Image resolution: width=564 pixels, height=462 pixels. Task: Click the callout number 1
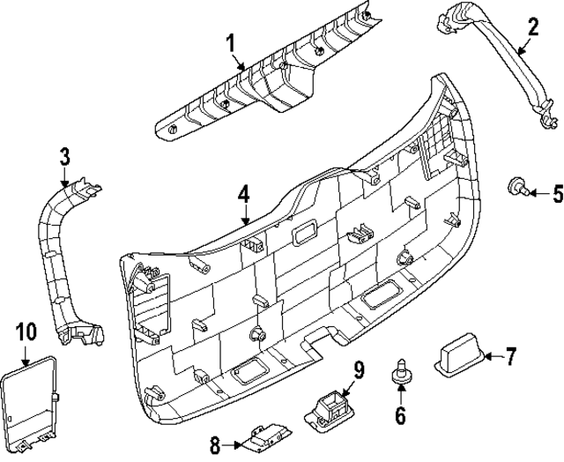pos(230,41)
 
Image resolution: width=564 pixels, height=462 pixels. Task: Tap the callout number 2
pos(531,26)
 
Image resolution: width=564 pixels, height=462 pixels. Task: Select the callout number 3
pos(64,157)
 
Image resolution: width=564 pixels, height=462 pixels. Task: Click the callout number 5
pos(556,191)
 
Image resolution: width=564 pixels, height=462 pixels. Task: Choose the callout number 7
pos(510,356)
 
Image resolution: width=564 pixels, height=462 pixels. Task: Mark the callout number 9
pos(359,369)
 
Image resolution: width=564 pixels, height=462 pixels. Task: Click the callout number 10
pos(26,332)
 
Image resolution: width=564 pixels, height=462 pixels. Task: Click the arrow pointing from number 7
pos(491,357)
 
